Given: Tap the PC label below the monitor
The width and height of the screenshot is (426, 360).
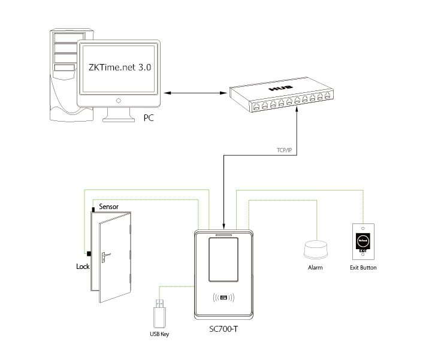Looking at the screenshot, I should click(149, 117).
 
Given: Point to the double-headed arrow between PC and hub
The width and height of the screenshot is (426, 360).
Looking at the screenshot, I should click(194, 93).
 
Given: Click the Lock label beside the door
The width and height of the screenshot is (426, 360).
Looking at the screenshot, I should click(83, 265).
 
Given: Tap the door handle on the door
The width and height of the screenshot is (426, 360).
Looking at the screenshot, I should click(105, 256).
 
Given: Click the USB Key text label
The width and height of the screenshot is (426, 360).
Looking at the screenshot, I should click(159, 334).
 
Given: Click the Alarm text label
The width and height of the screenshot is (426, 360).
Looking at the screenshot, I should click(315, 268).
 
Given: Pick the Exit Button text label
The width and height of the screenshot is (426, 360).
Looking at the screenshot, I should click(364, 268).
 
